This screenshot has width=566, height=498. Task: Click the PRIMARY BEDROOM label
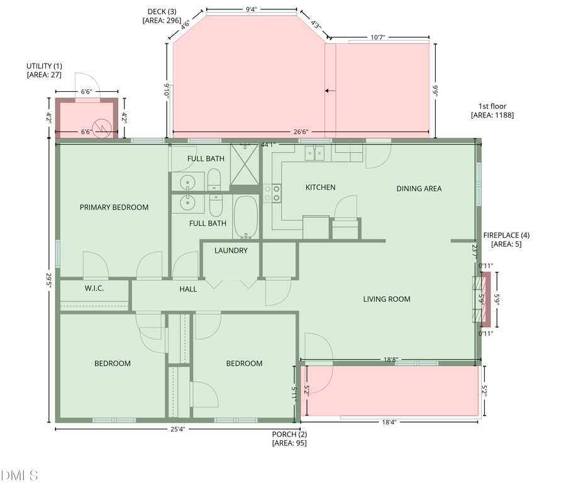pos(114,207)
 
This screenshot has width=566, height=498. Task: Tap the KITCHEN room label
pos(320,187)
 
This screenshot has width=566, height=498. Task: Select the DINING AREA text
pos(419,188)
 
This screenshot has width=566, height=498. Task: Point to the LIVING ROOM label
pos(387,299)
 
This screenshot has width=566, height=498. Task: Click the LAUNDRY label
pos(231,250)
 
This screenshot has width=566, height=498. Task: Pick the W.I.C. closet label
pos(94,288)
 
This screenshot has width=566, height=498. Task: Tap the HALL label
pos(188,289)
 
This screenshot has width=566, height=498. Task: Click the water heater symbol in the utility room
pos(101,128)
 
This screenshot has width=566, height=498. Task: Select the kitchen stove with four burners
pos(272,193)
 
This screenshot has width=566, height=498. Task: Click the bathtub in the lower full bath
pos(245,217)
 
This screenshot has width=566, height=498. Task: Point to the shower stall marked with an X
pos(245,164)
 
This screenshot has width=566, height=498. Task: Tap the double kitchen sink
pos(314,152)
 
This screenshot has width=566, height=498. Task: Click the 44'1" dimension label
pos(269,145)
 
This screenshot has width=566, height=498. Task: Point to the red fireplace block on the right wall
pos(484,299)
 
